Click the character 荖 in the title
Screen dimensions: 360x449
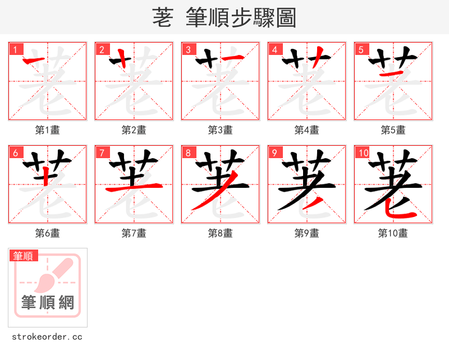coord(162,17)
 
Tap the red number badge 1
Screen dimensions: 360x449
coord(15,49)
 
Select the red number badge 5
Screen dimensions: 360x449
coord(360,49)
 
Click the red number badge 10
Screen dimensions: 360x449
coord(363,153)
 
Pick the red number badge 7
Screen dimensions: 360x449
coord(101,153)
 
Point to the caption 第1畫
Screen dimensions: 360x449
coord(47,130)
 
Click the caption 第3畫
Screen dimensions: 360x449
coord(220,130)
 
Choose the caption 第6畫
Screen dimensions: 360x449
coord(47,233)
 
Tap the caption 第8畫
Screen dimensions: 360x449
coord(220,233)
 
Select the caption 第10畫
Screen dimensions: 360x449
coord(393,233)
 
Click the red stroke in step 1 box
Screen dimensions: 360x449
coord(37,59)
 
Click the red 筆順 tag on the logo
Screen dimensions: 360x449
coord(24,256)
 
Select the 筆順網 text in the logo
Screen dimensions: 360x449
coord(47,303)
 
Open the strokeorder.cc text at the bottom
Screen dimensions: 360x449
coord(47,337)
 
